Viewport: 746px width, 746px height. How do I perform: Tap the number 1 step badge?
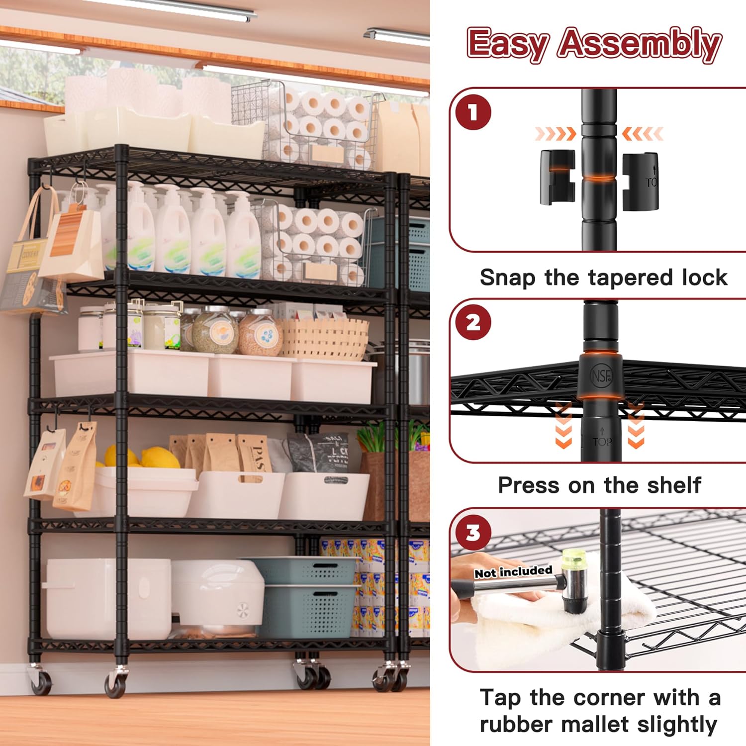(473, 112)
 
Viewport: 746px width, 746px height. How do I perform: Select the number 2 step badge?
(473, 323)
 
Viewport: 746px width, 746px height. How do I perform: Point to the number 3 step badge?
(473, 533)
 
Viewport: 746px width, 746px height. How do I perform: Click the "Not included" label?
(513, 572)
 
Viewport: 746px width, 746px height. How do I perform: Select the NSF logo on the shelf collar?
(601, 376)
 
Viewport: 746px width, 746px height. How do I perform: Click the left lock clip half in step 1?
(557, 177)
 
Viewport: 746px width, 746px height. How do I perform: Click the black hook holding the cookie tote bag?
(46, 187)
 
